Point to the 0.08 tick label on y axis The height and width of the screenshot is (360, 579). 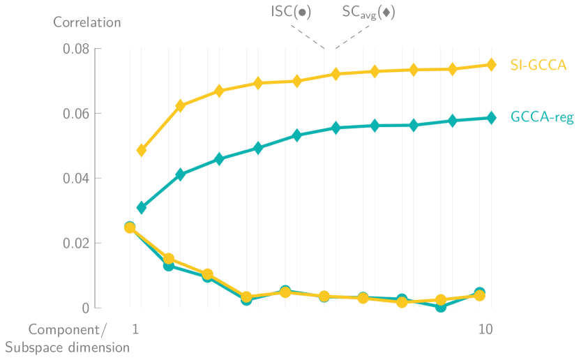(77, 50)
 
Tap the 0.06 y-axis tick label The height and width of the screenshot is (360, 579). (77, 114)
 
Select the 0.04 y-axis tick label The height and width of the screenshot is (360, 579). (77, 179)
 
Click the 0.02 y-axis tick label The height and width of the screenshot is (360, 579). (77, 243)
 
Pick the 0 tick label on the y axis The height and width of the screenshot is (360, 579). (87, 308)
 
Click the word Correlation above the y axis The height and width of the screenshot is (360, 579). (87, 22)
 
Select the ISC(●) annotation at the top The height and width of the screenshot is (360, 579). (292, 13)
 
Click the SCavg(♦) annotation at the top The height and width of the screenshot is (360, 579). (368, 13)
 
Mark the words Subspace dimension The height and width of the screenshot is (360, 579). (67, 347)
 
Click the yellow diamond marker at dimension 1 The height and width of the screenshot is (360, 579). (142, 150)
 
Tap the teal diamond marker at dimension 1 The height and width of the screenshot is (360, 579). (142, 207)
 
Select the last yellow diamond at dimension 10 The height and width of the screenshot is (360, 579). (491, 65)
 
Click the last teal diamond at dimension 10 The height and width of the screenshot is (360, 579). (491, 118)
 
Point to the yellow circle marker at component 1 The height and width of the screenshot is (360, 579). (130, 228)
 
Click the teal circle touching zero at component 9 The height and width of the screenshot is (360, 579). (441, 306)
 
